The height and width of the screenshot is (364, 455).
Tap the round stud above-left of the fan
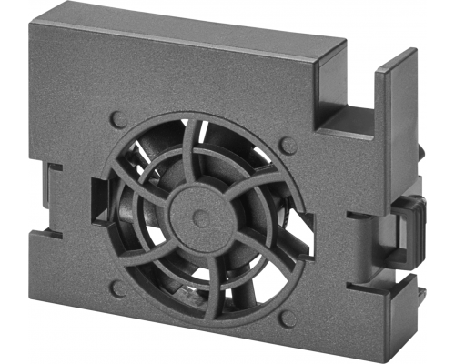tap(117, 119)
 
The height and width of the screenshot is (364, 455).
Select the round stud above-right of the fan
tap(288, 146)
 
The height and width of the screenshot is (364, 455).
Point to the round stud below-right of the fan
tap(287, 318)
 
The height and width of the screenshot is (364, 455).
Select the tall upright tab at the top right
tap(399, 127)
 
